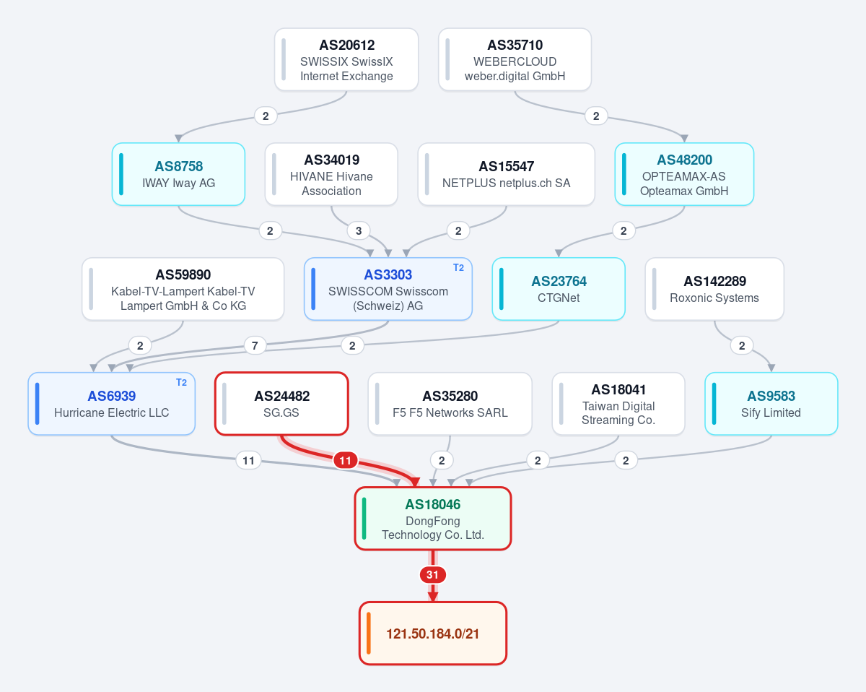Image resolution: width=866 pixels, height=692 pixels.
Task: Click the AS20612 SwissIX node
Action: pos(346,60)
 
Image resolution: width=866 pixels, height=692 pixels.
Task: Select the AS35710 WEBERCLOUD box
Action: pos(515,60)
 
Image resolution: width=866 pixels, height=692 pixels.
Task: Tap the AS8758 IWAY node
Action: pos(178,174)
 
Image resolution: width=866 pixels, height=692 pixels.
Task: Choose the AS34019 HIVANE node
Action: pos(331,174)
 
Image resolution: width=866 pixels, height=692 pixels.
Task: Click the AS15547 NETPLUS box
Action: pos(506,174)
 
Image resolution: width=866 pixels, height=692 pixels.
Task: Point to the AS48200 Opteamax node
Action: pos(684,174)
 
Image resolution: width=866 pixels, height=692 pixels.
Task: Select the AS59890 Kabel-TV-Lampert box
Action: pos(183,289)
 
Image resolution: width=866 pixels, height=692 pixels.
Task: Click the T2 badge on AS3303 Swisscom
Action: pos(458,268)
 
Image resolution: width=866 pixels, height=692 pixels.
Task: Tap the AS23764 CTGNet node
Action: pos(559,289)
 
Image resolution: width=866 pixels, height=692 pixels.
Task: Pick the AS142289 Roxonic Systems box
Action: pos(714,289)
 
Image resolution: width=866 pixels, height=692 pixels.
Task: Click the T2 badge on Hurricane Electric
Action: pos(181,383)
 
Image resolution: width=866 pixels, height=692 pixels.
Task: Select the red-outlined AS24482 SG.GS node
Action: pos(281,404)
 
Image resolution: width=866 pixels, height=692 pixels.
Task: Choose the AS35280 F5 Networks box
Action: pos(450,404)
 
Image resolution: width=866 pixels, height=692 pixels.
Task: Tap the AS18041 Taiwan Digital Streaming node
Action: pos(618,404)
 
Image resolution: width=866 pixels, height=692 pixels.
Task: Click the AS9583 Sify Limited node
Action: pos(771,404)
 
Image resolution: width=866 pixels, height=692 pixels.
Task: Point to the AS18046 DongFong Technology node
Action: pos(432,519)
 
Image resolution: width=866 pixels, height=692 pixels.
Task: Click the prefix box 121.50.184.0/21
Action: pos(432,633)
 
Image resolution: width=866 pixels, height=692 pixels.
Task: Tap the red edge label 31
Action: pos(432,575)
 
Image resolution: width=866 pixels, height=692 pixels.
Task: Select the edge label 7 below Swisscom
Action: pos(255,345)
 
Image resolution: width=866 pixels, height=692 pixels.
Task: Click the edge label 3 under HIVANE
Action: pos(359,231)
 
